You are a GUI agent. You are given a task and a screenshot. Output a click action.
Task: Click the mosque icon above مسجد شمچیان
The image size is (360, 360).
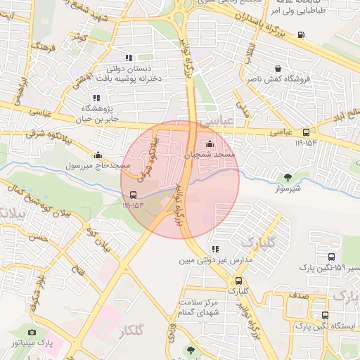click(x=209, y=144)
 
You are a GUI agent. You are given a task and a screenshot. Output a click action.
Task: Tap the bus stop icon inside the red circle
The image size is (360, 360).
click(x=134, y=195)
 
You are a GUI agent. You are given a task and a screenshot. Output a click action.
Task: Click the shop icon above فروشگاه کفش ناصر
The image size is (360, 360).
click(x=280, y=69)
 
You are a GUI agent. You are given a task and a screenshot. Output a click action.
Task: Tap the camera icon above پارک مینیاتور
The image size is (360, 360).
click(x=32, y=332)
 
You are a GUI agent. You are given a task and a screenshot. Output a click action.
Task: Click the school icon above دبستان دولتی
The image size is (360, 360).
click(x=129, y=58)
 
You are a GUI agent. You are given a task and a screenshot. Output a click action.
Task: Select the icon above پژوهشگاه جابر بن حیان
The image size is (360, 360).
click(x=96, y=98)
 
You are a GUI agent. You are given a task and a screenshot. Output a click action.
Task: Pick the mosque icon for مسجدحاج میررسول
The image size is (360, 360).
click(x=98, y=155)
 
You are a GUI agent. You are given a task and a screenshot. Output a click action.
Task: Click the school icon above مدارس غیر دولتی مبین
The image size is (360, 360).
click(x=214, y=249)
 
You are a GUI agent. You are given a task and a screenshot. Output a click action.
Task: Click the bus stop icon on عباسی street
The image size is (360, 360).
click(x=306, y=132)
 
